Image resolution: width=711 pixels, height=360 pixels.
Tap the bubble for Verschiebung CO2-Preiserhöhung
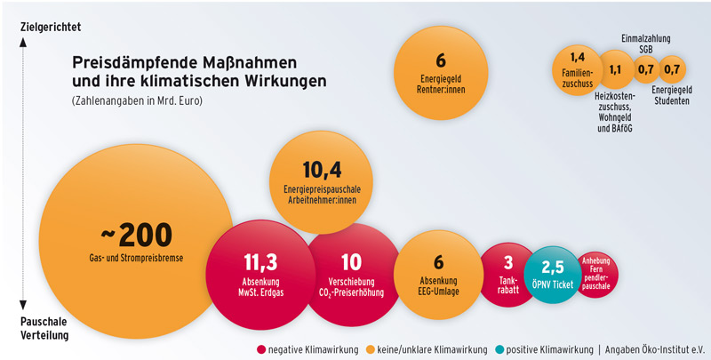(x=351, y=272)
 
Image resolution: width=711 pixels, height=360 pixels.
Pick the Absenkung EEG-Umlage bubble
(x=438, y=270)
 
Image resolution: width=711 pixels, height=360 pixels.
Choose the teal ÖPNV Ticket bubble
(x=553, y=274)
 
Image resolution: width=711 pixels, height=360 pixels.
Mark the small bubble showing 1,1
(x=614, y=69)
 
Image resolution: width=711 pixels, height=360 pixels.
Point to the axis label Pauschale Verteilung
(x=43, y=329)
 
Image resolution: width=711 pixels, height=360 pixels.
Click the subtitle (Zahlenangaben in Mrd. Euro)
(x=138, y=100)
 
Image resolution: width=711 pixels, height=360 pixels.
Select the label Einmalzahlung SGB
(x=645, y=44)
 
